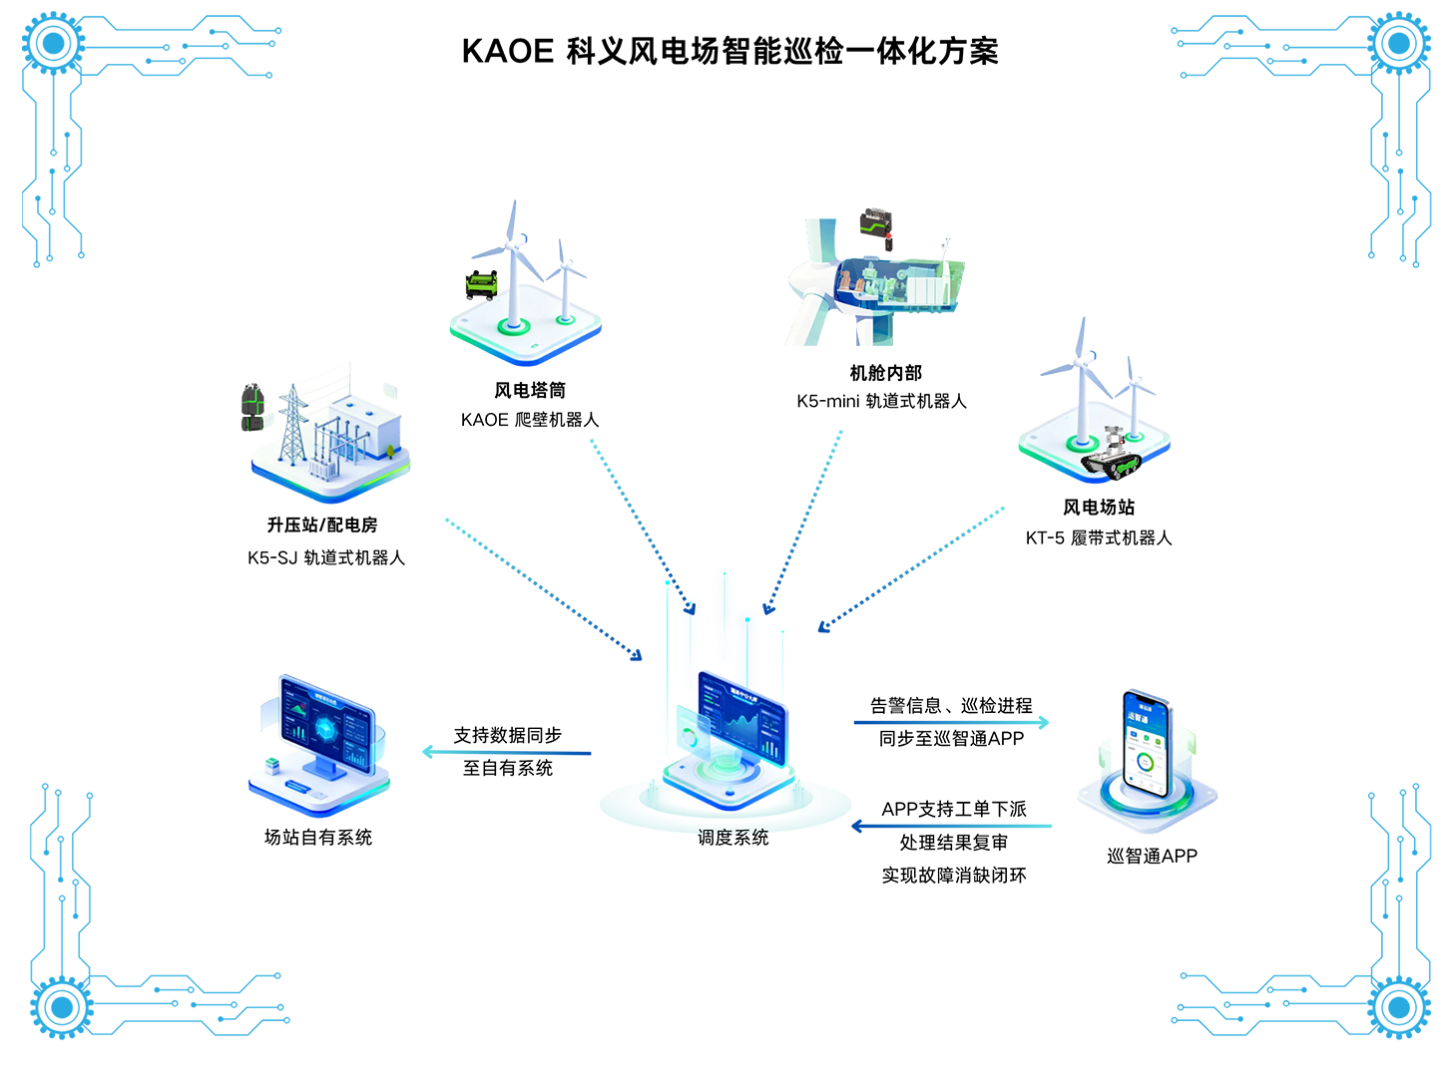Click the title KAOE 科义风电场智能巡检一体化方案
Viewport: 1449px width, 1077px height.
pyautogui.click(x=729, y=52)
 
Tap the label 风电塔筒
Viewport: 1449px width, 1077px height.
pyautogui.click(x=529, y=390)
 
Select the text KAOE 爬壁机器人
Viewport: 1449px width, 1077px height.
pyautogui.click(x=529, y=419)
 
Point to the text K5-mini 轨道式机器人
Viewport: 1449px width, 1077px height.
pyautogui.click(x=880, y=401)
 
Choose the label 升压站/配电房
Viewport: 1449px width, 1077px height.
pyautogui.click(x=322, y=525)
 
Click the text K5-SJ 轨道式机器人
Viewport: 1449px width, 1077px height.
pyautogui.click(x=326, y=557)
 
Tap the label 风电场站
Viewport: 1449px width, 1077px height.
pyautogui.click(x=1098, y=507)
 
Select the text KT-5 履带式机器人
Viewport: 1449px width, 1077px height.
pyautogui.click(x=1098, y=538)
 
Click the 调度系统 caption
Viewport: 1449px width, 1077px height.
pyautogui.click(x=732, y=838)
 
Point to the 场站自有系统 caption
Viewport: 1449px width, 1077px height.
pyautogui.click(x=318, y=838)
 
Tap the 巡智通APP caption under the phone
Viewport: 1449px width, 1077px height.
pyautogui.click(x=1152, y=856)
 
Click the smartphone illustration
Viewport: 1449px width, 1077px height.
pyautogui.click(x=1146, y=744)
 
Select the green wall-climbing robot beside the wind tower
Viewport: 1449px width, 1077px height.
pyautogui.click(x=481, y=285)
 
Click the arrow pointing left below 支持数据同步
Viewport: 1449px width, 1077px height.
pyautogui.click(x=506, y=752)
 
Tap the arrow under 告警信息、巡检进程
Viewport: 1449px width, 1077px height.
pyautogui.click(x=951, y=722)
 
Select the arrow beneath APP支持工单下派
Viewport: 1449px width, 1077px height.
pyautogui.click(x=951, y=827)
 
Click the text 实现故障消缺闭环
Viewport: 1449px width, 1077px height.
pyautogui.click(x=954, y=876)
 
